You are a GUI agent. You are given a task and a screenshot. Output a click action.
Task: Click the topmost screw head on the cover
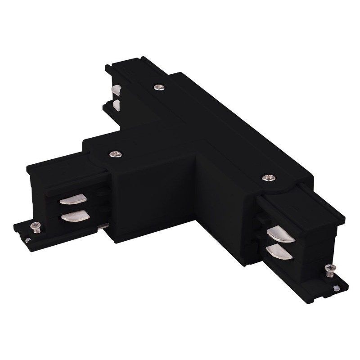pos(158,87)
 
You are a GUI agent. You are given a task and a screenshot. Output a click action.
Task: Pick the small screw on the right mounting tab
pos(329,270)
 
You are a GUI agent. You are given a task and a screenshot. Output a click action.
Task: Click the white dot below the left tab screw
pos(28,240)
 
